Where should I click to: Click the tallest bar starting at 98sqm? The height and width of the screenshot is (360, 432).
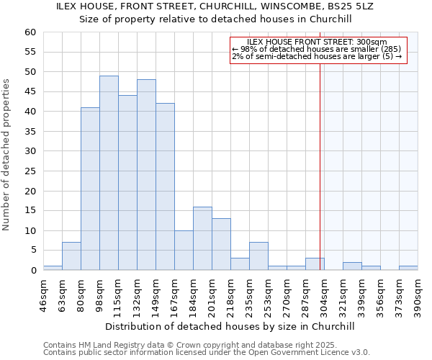pos(109,173)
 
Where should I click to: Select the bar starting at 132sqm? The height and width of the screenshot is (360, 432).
pos(146,175)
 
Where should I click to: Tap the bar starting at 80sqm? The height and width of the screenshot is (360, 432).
pos(90,189)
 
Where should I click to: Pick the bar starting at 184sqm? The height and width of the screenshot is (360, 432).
pos(202,238)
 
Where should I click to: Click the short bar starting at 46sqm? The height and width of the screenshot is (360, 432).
pos(53,268)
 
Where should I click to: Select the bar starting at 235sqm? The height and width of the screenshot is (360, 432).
pos(258,256)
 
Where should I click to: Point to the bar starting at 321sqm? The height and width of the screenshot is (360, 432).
pos(352,266)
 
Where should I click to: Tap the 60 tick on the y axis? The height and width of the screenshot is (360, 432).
pos(30,32)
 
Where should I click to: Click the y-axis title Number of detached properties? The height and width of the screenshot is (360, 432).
pos(7,155)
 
